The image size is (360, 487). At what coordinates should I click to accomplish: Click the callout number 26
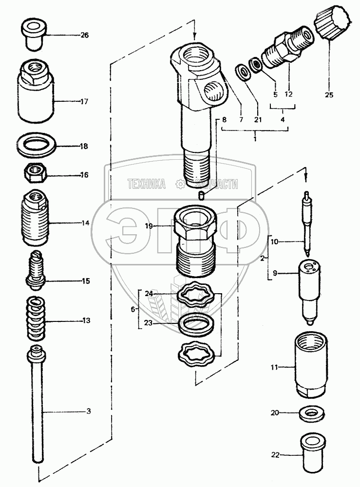click(x=85, y=35)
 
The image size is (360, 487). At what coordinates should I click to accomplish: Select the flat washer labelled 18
click(x=37, y=145)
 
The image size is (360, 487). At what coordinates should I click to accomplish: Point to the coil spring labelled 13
click(x=37, y=320)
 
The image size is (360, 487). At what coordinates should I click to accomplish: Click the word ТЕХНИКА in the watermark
click(x=146, y=184)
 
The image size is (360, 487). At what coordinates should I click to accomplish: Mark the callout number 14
click(x=85, y=223)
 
